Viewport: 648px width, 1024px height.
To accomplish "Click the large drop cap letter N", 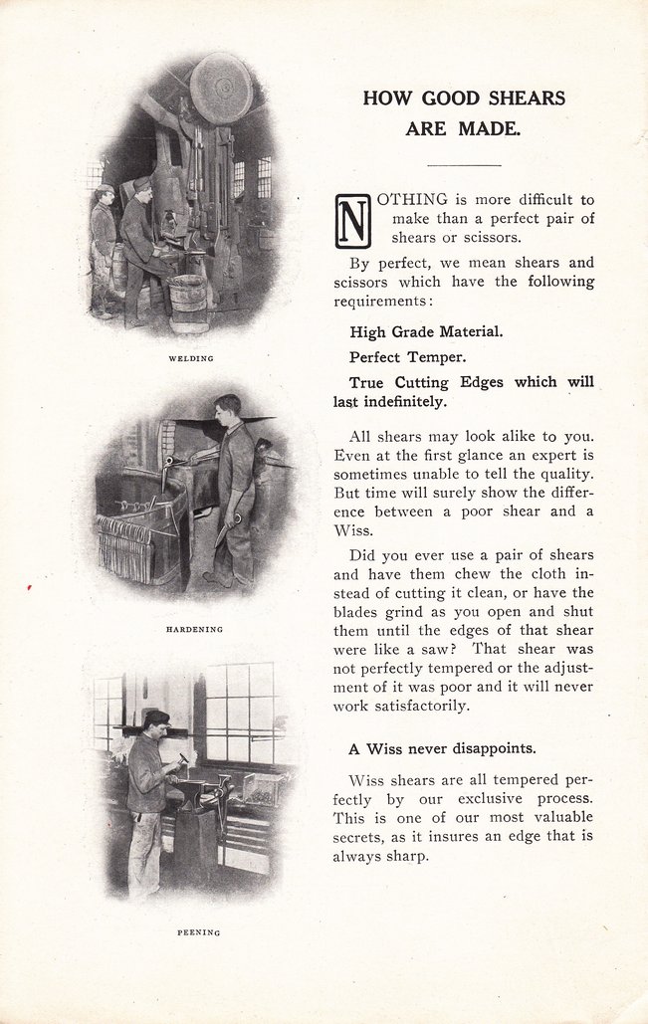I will pos(353,221).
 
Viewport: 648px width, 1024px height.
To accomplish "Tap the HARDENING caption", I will pos(194,629).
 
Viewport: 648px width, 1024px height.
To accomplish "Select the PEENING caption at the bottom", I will pos(199,932).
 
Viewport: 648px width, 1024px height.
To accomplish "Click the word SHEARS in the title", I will pos(530,99).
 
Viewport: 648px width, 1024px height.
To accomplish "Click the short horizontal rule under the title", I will pos(464,164).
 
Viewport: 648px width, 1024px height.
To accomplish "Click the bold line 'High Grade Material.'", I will pos(426,331).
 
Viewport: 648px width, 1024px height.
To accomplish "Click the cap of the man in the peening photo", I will pos(156,717).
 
